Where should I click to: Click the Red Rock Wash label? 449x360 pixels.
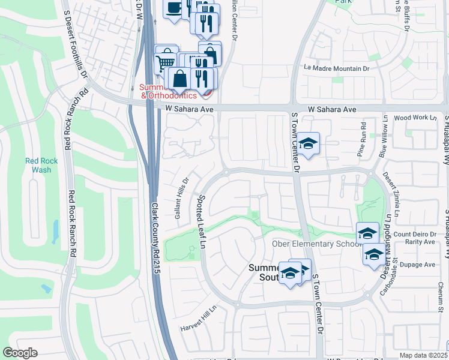click(x=40, y=165)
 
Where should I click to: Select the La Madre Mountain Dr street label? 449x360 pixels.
click(x=336, y=68)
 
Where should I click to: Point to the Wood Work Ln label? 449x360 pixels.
click(x=415, y=118)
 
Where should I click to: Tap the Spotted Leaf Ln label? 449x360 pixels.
click(x=202, y=222)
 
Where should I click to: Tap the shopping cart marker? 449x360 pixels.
click(x=166, y=61)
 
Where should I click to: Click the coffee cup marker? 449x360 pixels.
click(x=174, y=8)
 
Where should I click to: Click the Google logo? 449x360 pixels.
click(x=20, y=353)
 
